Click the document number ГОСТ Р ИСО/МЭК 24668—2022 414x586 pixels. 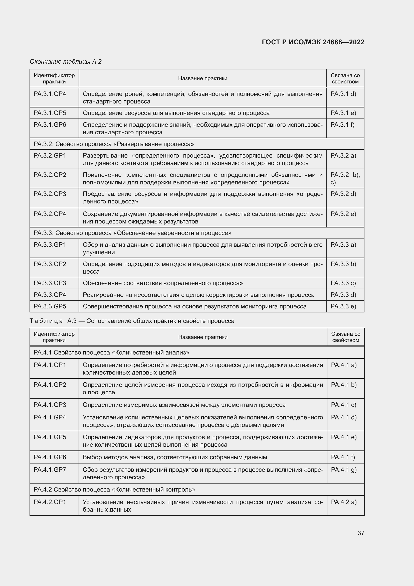tap(313, 42)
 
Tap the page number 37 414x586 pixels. tap(361, 533)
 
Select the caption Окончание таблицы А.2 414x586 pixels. tap(66, 62)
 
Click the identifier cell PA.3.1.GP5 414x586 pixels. tap(50, 113)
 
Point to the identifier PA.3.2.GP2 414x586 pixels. tap(50, 175)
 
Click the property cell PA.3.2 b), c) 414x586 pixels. tap(345, 178)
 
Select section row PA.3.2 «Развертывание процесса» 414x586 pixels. tap(114, 144)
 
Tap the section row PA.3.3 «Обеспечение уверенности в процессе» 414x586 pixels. tap(132, 233)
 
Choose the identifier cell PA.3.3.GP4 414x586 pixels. tap(50, 295)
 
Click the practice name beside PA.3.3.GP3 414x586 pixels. tap(163, 283)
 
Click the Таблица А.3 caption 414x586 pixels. tap(132, 321)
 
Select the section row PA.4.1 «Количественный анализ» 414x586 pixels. tap(111, 353)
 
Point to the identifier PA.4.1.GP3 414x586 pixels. tap(50, 405)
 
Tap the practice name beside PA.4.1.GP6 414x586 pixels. tap(175, 457)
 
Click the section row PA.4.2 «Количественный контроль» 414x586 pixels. tap(114, 490)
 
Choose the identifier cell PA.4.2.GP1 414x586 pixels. tap(50, 502)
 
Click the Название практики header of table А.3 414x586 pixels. tap(203, 337)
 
